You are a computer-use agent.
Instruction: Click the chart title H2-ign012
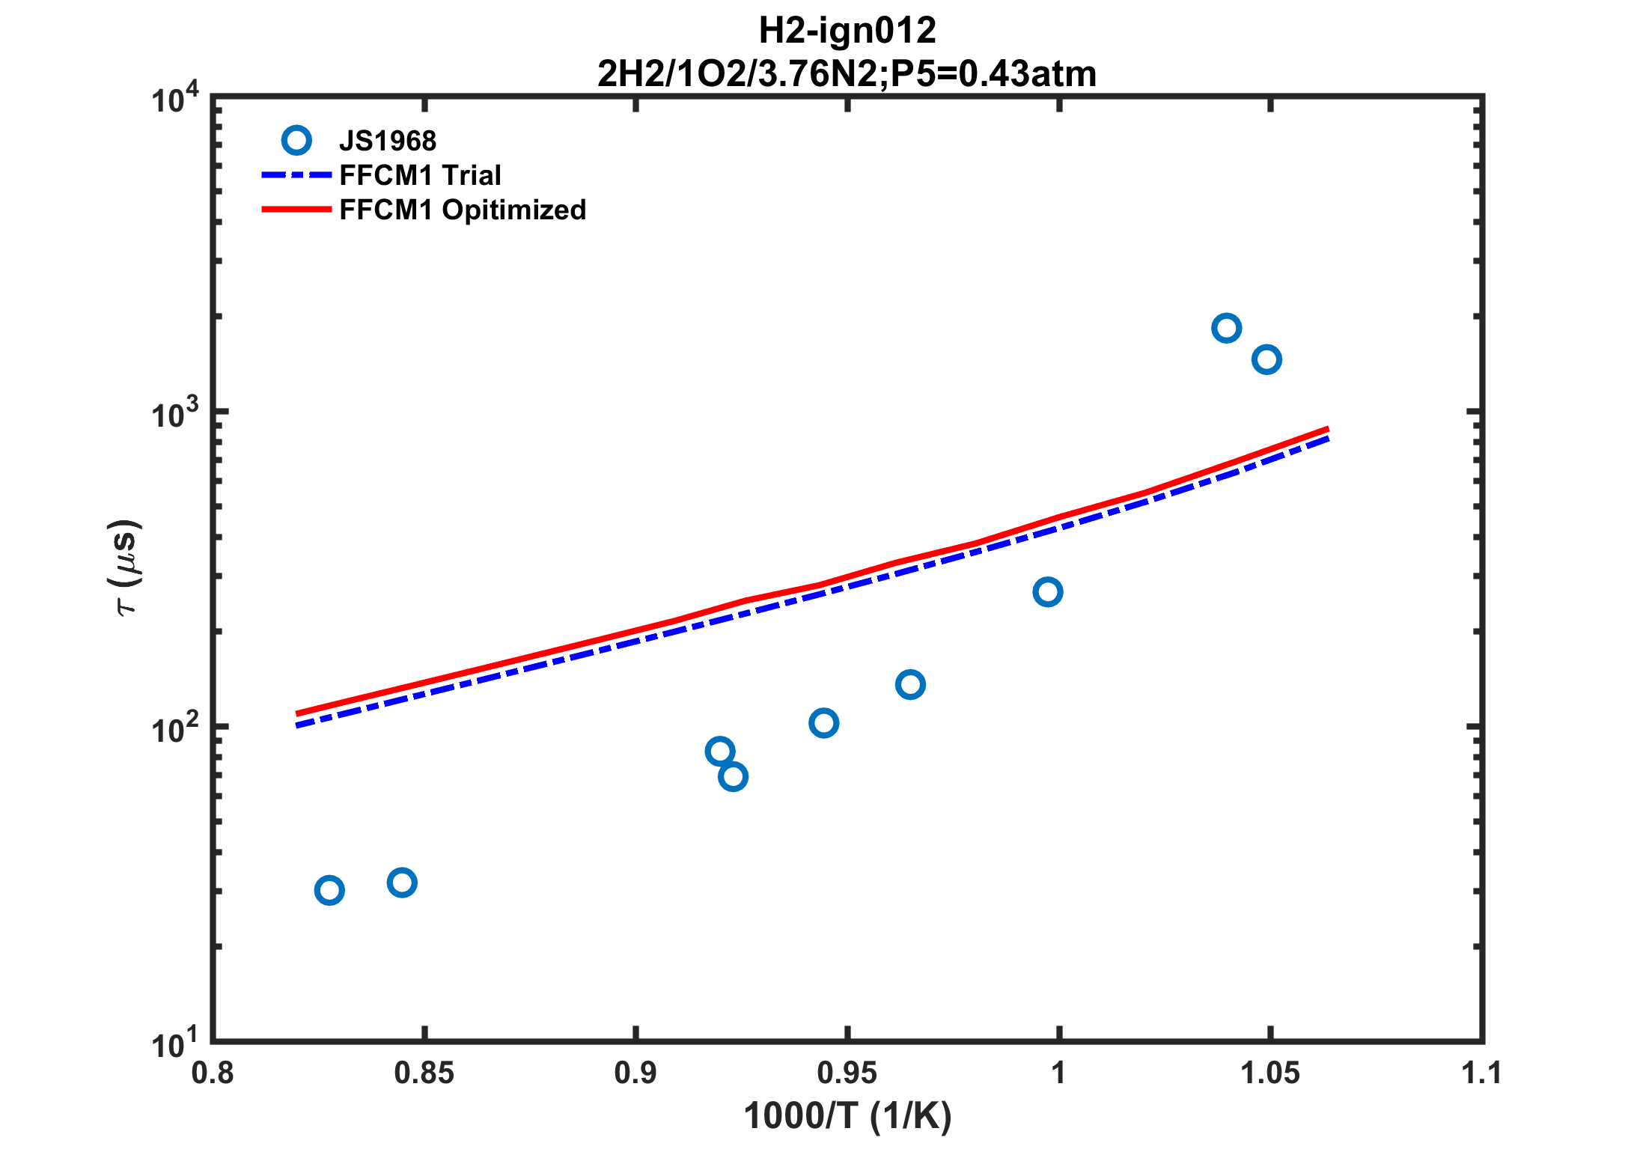coord(847,31)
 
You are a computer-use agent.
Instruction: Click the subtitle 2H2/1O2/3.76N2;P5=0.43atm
coord(847,73)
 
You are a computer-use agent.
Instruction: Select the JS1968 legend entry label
coord(387,141)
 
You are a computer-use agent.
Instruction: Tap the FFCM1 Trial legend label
coord(420,175)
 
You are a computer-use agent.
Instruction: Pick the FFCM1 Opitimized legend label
coord(463,210)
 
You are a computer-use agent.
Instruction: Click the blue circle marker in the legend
coord(296,141)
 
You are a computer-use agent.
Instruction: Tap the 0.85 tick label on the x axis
coord(424,1073)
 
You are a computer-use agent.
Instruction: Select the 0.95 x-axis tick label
coord(847,1073)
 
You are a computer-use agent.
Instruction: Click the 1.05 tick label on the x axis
coord(1269,1073)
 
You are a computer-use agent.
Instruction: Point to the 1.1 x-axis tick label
coord(1481,1073)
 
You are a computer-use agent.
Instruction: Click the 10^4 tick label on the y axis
coord(175,99)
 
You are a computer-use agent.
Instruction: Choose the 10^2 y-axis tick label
coord(175,729)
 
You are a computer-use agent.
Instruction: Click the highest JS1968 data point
coord(1226,328)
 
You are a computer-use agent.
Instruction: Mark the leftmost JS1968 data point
coord(329,890)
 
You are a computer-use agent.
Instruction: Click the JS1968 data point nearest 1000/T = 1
coord(1047,592)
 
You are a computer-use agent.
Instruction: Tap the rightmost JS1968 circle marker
coord(1266,359)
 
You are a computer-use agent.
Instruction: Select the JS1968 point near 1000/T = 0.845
coord(402,883)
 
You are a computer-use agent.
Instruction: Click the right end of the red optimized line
coord(1326,430)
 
